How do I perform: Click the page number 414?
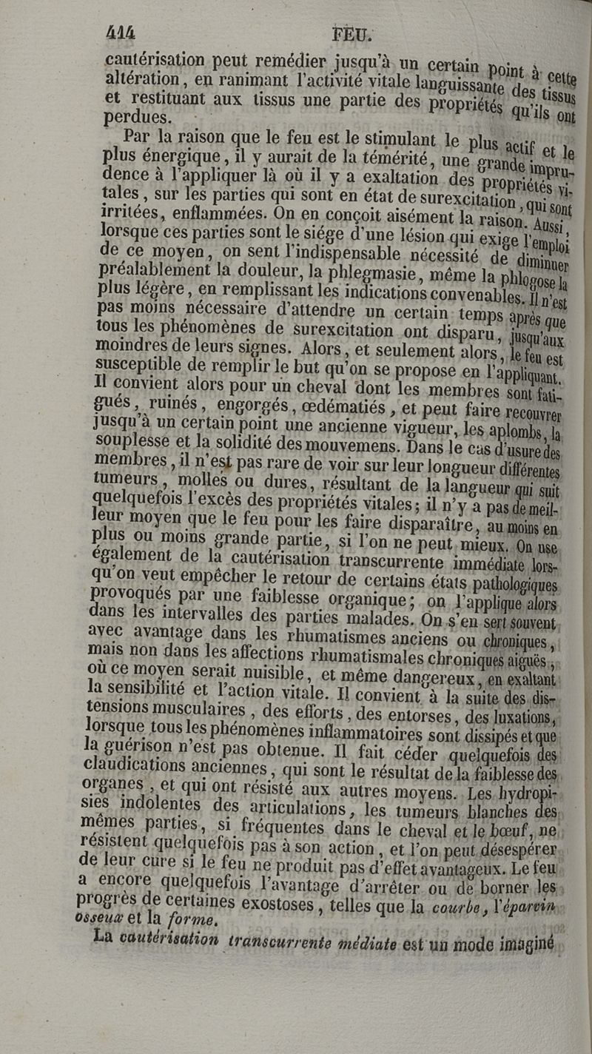click(x=124, y=33)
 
